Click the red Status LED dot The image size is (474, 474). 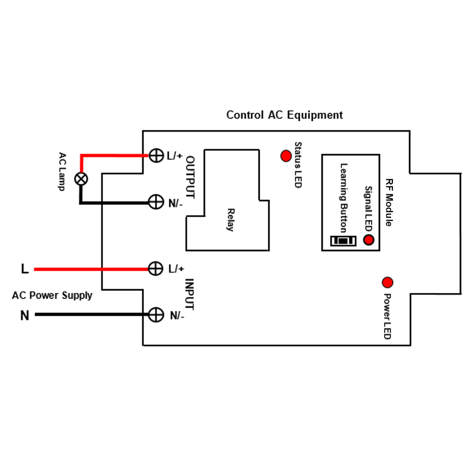coord(286,156)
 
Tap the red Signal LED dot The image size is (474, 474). coord(368,240)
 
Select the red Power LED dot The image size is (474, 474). coord(387,283)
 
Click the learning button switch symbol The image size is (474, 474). coord(343,241)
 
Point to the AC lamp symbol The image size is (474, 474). coord(81,179)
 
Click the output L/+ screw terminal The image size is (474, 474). coord(156,155)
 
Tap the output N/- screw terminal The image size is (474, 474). coord(156,202)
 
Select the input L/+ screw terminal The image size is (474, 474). coord(155,268)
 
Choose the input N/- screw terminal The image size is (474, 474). coord(156,315)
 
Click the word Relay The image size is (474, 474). coord(231,220)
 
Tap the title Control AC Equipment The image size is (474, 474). coord(284,115)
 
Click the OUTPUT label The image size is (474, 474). coord(190,177)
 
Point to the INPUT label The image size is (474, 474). coord(190,294)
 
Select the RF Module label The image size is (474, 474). coord(389,202)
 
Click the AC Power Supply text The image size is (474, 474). coord(52,295)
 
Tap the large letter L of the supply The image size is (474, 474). coord(25,269)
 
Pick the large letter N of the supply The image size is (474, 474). coord(25,316)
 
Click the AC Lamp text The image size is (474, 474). coord(62,172)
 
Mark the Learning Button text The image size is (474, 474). coord(344,198)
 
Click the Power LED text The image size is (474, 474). coord(387,316)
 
